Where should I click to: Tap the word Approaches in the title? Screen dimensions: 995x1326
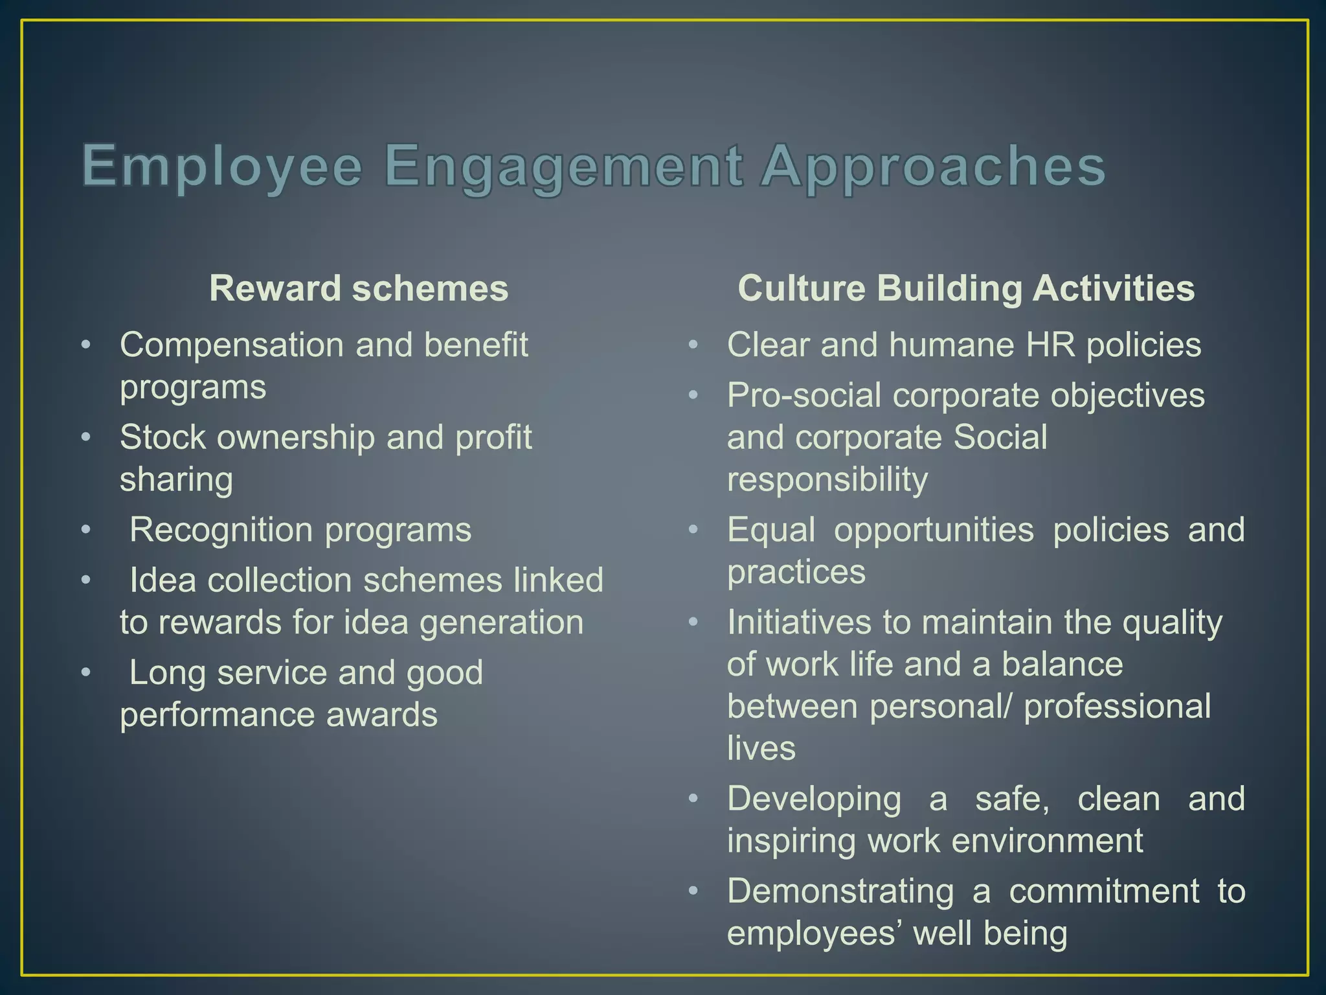[x=932, y=167]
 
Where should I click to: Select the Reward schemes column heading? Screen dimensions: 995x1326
[x=359, y=288]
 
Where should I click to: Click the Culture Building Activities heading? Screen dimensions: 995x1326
[x=966, y=288]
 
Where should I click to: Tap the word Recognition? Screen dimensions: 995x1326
[x=221, y=530]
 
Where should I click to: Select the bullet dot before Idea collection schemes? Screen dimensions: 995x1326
[x=86, y=580]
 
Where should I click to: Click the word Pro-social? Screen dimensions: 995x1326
[x=803, y=395]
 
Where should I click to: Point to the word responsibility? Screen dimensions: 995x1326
[x=827, y=480]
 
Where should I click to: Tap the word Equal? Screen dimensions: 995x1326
[x=771, y=530]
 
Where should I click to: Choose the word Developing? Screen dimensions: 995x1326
[x=814, y=799]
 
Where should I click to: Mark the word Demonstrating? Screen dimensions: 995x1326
[x=840, y=891]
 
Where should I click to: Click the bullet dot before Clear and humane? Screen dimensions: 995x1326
[x=693, y=345]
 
